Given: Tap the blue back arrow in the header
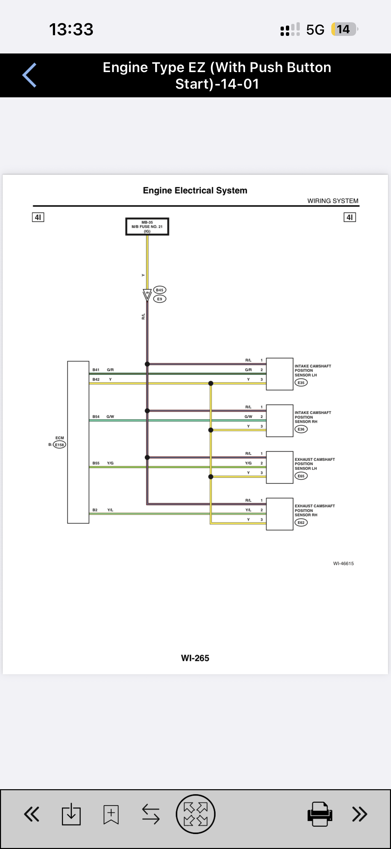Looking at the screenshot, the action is point(29,75).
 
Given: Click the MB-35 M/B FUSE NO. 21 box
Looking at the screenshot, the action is point(147,227).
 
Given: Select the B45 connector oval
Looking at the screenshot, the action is point(160,290).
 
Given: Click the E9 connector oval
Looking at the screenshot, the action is point(160,299).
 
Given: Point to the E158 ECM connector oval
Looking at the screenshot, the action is point(59,445).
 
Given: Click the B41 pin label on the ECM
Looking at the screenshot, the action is point(96,370).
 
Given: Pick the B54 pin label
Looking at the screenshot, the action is point(96,417).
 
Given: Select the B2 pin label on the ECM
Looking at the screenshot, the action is point(95,510).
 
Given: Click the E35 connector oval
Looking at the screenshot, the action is point(301,383).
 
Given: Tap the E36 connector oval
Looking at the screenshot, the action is point(301,429).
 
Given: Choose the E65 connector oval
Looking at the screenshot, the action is point(301,476).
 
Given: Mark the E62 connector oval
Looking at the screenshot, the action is point(301,522).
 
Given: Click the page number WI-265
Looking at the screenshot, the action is point(195,658).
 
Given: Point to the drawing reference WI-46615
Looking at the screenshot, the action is point(344,563).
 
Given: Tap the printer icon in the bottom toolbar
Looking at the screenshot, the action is point(320,814).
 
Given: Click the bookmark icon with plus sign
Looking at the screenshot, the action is point(111,814).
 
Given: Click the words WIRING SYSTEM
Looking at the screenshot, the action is point(333,201).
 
